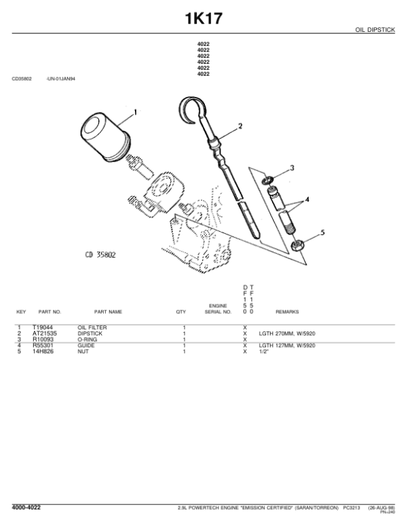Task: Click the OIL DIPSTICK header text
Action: click(x=375, y=30)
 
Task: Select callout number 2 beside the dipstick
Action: click(x=239, y=125)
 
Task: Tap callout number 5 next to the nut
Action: click(x=322, y=232)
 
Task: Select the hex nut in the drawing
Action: click(x=296, y=243)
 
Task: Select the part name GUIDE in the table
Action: click(x=85, y=346)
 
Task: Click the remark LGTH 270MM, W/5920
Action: click(x=287, y=333)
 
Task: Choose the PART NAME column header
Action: click(x=108, y=312)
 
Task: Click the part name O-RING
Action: click(x=88, y=340)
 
